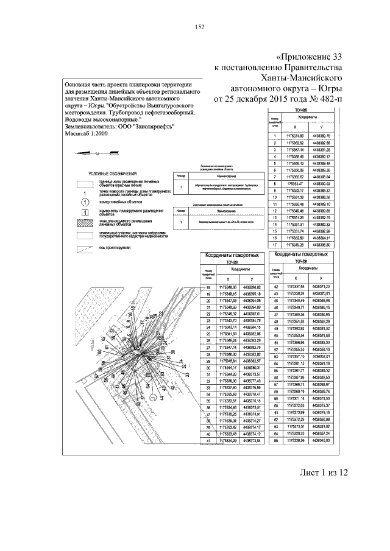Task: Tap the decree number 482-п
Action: (329, 99)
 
